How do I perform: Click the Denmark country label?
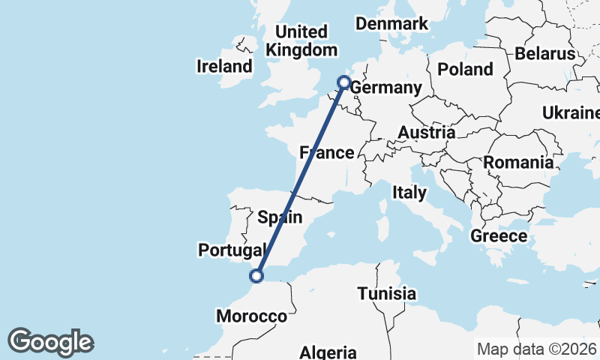(391, 24)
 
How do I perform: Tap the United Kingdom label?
(302, 41)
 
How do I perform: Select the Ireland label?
(224, 66)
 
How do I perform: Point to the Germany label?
(386, 88)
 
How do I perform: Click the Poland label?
(466, 70)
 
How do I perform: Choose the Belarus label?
(545, 54)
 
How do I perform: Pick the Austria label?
(426, 133)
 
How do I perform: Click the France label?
(326, 153)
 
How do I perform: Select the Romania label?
(519, 162)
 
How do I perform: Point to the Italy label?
(409, 193)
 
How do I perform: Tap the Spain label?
(280, 217)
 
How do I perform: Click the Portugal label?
(232, 249)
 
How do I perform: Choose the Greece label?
(499, 236)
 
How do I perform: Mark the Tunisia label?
(386, 293)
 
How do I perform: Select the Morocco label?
(252, 316)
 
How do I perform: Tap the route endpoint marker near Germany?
(344, 82)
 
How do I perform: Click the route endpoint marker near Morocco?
(257, 275)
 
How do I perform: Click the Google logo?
(50, 342)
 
